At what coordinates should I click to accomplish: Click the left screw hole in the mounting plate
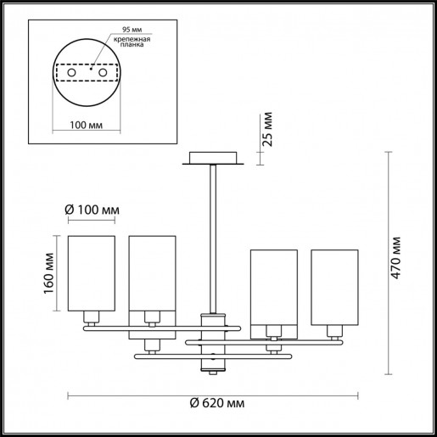click(x=71, y=75)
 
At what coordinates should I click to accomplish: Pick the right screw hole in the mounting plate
click(x=104, y=75)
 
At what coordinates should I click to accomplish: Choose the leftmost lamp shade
click(x=91, y=273)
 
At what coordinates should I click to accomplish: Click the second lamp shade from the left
click(x=152, y=273)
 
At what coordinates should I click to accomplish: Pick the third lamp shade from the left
click(x=273, y=287)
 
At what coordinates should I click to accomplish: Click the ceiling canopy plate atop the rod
click(x=213, y=160)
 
